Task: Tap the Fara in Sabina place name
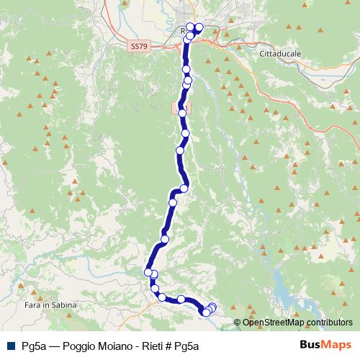(x=47, y=306)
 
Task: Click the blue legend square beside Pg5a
(x=11, y=346)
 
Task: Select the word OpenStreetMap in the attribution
(x=273, y=322)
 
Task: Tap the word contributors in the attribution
(x=329, y=322)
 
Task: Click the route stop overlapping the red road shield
(x=182, y=113)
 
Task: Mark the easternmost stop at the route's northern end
(x=199, y=28)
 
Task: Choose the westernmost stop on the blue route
(x=148, y=272)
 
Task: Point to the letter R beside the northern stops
(x=184, y=30)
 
